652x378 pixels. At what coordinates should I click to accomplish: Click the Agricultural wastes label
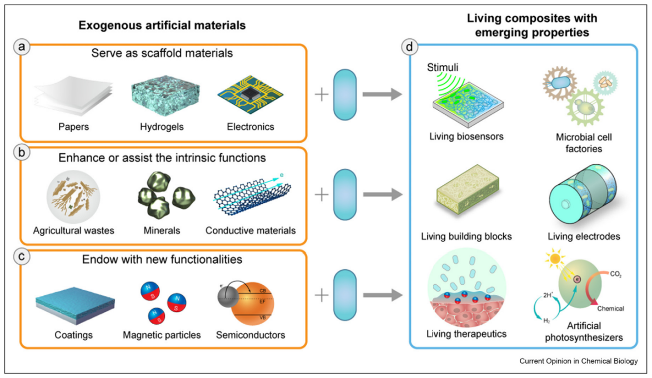(73, 230)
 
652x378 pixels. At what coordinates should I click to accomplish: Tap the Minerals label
(162, 230)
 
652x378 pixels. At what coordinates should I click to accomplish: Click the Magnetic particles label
(162, 335)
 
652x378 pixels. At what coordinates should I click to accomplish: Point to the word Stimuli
(442, 68)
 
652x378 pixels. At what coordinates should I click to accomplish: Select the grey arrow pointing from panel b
(382, 195)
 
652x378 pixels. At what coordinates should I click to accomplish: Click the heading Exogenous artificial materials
(162, 26)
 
